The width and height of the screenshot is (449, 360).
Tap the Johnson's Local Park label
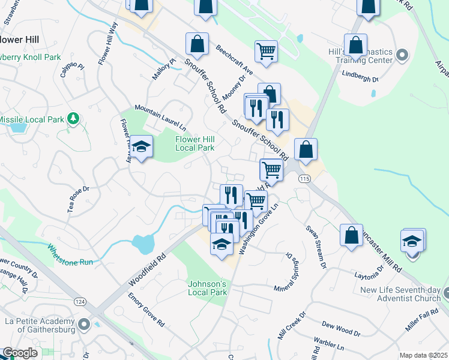click(207, 287)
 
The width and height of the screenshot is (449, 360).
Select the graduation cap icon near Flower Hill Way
click(141, 148)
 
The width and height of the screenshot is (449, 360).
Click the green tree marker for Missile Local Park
click(73, 119)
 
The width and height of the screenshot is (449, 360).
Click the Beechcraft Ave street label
click(235, 60)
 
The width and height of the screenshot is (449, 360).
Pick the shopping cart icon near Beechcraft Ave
click(266, 51)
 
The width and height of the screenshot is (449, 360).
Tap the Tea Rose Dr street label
click(78, 198)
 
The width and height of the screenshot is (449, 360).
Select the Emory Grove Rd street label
click(146, 309)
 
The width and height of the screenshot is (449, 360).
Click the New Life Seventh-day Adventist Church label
click(400, 295)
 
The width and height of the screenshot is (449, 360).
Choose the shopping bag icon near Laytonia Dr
click(351, 235)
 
